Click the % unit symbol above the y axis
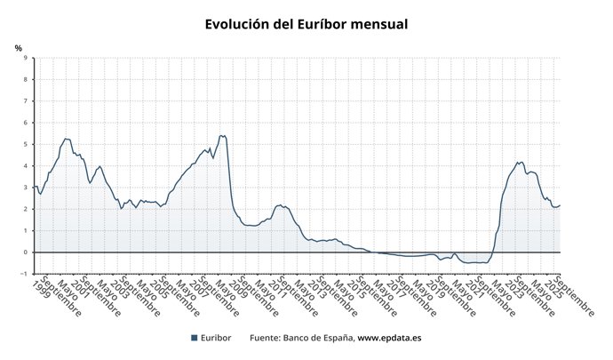pyautogui.click(x=18, y=47)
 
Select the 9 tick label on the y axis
pyautogui.click(x=25, y=58)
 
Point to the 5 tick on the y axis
pyautogui.click(x=25, y=144)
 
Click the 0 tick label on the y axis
pyautogui.click(x=25, y=252)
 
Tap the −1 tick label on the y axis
pyautogui.click(x=23, y=274)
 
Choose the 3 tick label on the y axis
pyautogui.click(x=25, y=188)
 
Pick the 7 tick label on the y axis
pyautogui.click(x=25, y=101)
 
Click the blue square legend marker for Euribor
pyautogui.click(x=195, y=338)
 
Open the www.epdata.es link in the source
pyautogui.click(x=389, y=338)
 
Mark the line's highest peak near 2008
pyautogui.click(x=222, y=135)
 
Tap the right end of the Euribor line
pyautogui.click(x=561, y=205)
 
